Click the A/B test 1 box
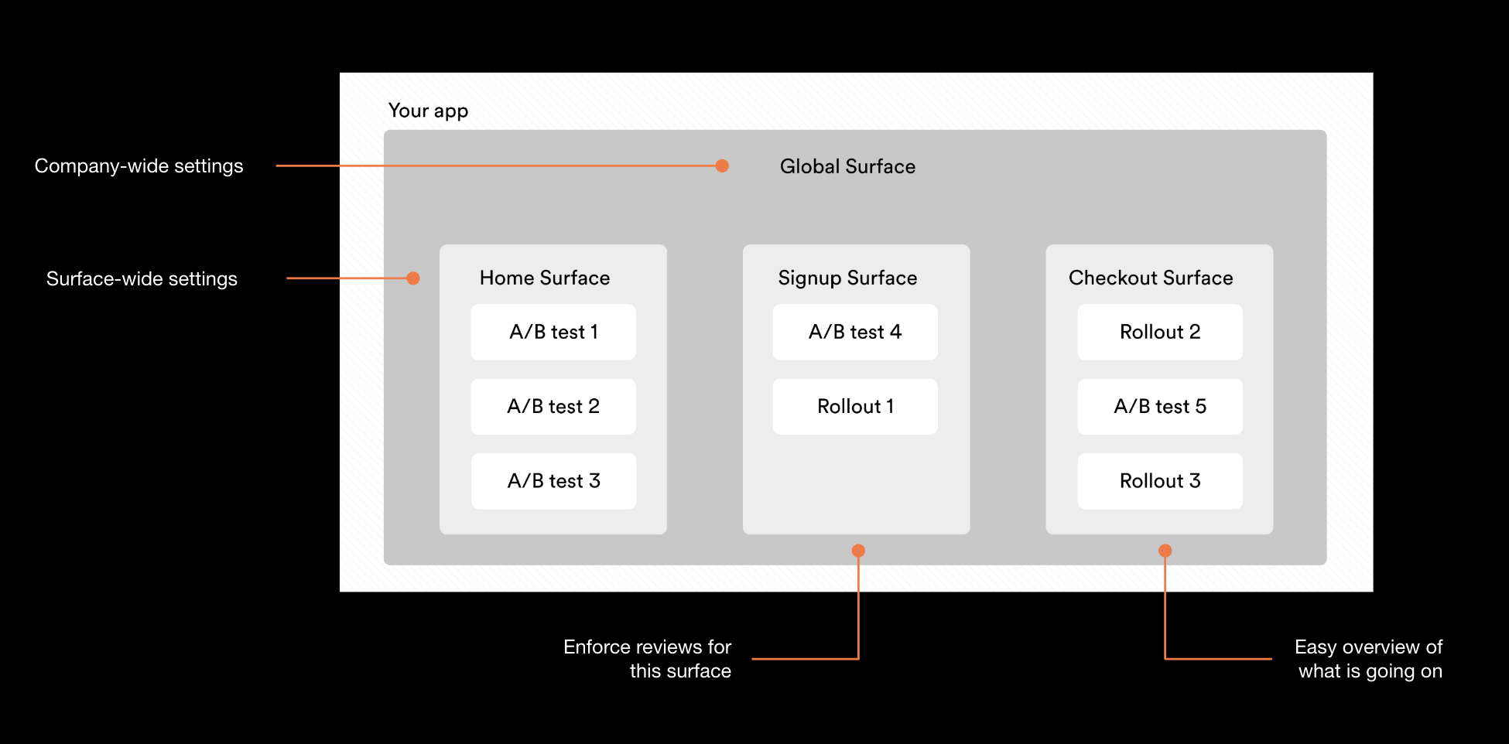[x=553, y=332]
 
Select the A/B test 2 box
[x=553, y=406]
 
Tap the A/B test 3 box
[x=553, y=481]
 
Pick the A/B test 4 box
[x=855, y=332]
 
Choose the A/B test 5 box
[x=1160, y=406]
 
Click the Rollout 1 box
[x=855, y=406]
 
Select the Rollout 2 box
[x=1160, y=332]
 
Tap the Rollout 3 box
[x=1160, y=481]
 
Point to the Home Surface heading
[x=545, y=278]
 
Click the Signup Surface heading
[x=847, y=278]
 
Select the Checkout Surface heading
[x=1151, y=278]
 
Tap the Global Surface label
[x=847, y=166]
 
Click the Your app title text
[x=428, y=111]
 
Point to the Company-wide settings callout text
[x=139, y=166]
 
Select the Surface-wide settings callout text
[x=142, y=278]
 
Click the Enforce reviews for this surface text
[x=648, y=658]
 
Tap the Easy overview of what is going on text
[x=1369, y=658]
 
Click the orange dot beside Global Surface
[x=722, y=166]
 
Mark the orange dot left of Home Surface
[x=413, y=278]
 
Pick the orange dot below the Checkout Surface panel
[x=1165, y=551]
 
